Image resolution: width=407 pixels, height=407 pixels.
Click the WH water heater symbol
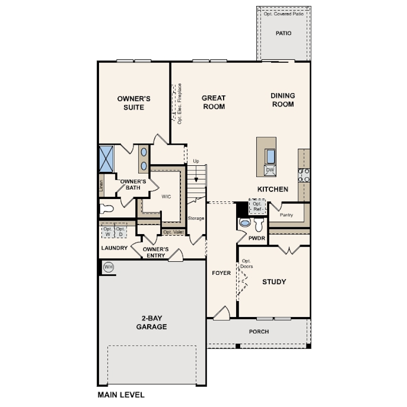[x=109, y=267]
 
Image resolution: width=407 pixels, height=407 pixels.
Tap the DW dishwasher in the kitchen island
[x=270, y=170]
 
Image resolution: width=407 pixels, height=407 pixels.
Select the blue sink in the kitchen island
[x=270, y=156]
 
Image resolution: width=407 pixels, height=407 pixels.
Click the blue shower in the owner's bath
[x=107, y=159]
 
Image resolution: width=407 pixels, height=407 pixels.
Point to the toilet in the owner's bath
[x=107, y=209]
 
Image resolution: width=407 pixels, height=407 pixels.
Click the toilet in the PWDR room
[x=259, y=224]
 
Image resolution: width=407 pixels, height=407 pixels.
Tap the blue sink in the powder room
[x=245, y=223]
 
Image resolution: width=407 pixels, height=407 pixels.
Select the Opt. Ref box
[x=257, y=207]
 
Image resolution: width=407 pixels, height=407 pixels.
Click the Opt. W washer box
[x=108, y=231]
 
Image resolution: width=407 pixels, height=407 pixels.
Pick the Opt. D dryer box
[x=121, y=231]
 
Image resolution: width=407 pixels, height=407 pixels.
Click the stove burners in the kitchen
[x=303, y=175]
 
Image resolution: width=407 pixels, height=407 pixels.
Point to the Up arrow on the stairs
[x=196, y=174]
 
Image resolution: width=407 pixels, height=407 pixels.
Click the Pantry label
[x=286, y=215]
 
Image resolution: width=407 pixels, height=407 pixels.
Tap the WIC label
[x=166, y=196]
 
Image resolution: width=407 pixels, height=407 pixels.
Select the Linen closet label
[x=101, y=185]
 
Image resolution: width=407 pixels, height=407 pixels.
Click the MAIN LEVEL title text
[x=121, y=395]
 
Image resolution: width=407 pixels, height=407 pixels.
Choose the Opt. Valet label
[x=173, y=232]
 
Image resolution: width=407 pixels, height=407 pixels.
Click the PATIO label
[x=283, y=33]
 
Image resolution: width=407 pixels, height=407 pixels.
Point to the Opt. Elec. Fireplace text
[x=179, y=104]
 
